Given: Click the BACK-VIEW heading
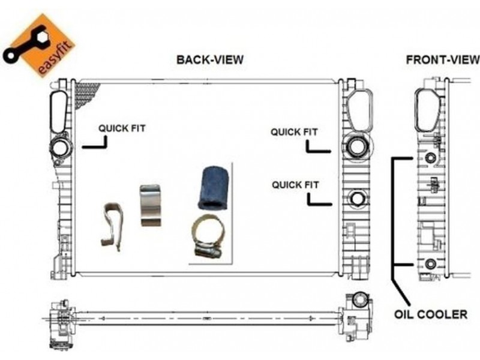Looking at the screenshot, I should click(210, 60).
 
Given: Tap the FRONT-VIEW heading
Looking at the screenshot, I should click(443, 60).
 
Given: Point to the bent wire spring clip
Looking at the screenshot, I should click(112, 226).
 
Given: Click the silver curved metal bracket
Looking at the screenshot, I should click(152, 206).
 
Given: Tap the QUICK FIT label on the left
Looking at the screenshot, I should click(122, 128).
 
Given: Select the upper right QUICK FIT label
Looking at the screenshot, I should click(294, 131).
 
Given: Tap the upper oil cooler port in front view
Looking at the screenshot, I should click(430, 158).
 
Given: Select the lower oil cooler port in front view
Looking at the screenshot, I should click(430, 264).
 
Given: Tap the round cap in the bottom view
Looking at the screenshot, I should click(361, 298).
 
